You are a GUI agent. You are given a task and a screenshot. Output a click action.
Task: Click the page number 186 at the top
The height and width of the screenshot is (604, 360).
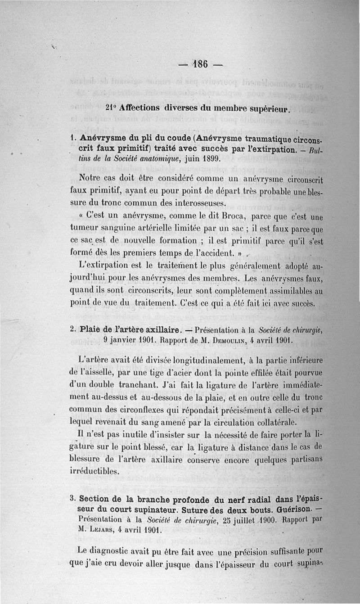(200, 64)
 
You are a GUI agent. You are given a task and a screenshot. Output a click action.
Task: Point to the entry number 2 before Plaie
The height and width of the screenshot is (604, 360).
(73, 329)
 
